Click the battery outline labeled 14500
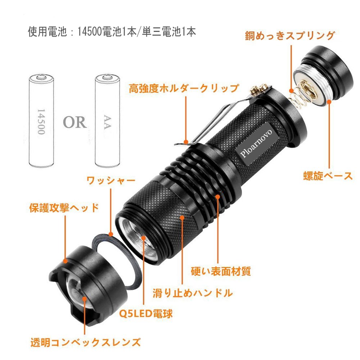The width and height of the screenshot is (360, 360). click(x=41, y=121)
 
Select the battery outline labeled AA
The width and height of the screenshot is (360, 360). click(x=107, y=121)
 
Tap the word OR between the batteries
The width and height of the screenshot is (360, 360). click(x=75, y=122)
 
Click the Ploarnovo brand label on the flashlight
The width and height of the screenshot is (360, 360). click(x=256, y=144)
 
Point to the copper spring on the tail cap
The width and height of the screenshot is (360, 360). click(x=299, y=93)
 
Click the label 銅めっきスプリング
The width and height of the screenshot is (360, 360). click(x=290, y=36)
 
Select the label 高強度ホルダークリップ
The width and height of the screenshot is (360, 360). click(x=184, y=89)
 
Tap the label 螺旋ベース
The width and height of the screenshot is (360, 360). click(x=328, y=176)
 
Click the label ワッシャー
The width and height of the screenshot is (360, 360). click(x=111, y=181)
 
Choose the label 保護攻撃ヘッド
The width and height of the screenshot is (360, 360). click(x=64, y=208)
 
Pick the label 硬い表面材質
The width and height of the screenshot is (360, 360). click(x=221, y=271)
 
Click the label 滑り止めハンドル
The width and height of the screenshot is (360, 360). click(x=193, y=293)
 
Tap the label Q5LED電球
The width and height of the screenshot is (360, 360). click(x=146, y=314)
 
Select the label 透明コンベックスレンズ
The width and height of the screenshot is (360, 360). click(x=85, y=342)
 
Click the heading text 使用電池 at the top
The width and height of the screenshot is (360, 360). click(x=47, y=32)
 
